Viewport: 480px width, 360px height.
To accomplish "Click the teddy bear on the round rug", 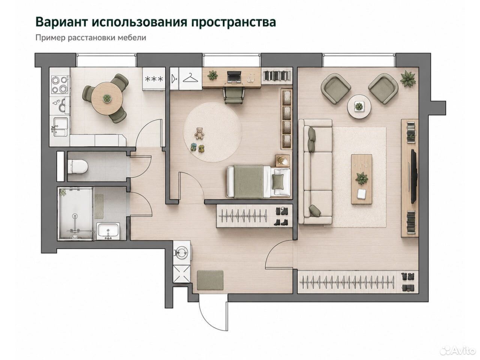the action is [199, 133].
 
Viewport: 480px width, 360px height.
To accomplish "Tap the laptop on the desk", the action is [234, 77].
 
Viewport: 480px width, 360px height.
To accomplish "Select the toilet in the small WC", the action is [78, 167].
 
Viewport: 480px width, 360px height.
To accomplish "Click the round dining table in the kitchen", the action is [107, 98].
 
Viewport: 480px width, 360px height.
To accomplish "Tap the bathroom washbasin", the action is [108, 231].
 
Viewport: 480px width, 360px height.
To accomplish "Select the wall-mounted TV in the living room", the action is [414, 176].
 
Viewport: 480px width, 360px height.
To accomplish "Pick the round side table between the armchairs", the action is [359, 106].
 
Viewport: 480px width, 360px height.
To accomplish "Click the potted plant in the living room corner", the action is [408, 79].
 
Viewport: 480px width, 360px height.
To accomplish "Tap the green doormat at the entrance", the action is [210, 280].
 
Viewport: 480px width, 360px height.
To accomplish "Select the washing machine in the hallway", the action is [181, 252].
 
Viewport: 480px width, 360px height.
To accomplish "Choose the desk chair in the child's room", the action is [234, 96].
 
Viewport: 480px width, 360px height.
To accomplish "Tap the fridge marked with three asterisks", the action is [154, 79].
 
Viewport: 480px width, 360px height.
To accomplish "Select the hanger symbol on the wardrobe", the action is [190, 78].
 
